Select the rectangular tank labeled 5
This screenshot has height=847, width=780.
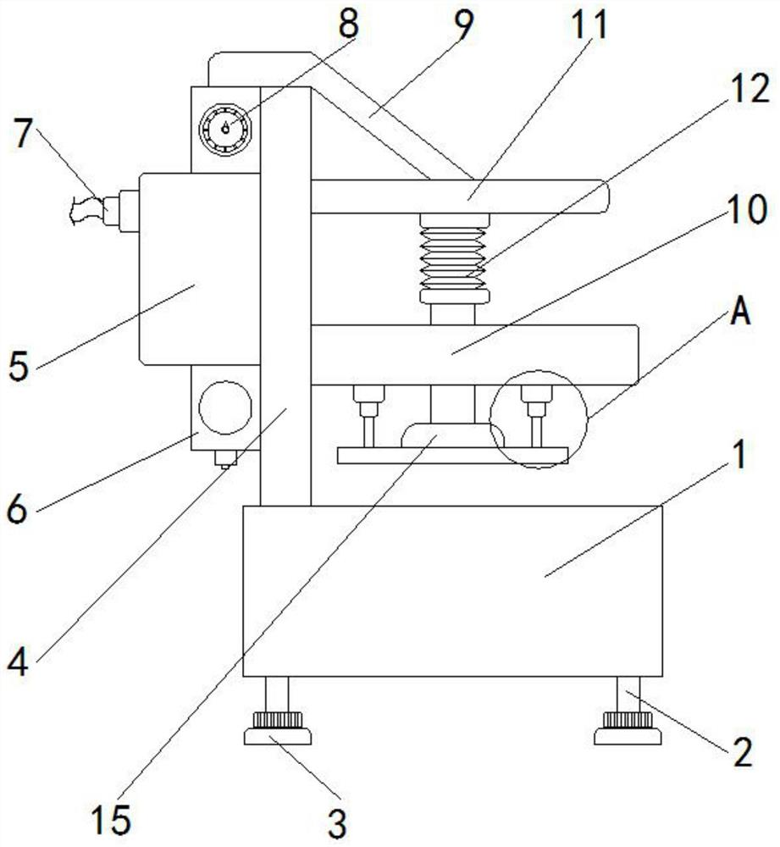click(x=198, y=269)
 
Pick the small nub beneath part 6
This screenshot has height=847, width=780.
click(x=224, y=458)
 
